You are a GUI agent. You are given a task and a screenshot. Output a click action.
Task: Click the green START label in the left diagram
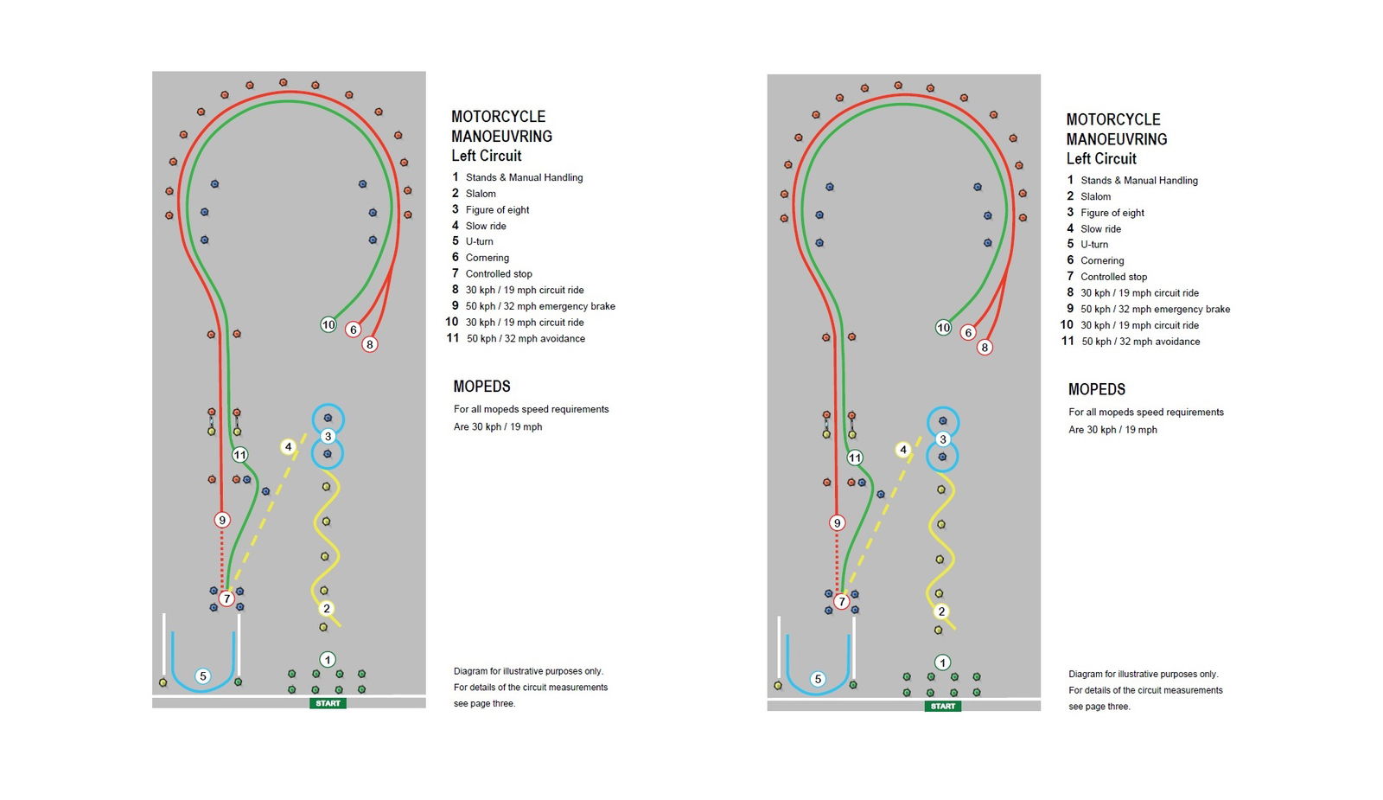[x=328, y=703]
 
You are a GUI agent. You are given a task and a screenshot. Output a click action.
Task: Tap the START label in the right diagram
[x=943, y=706]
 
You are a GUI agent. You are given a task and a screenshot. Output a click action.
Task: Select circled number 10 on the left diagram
[x=328, y=324]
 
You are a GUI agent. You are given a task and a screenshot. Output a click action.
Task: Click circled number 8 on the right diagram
[x=985, y=348]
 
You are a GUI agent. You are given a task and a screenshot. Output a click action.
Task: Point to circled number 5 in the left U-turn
[x=203, y=676]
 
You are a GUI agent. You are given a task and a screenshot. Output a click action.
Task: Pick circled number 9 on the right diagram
[x=837, y=522]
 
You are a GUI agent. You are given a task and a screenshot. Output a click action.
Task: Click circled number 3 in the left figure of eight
[x=328, y=437]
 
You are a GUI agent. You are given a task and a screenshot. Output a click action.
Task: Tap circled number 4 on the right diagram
[x=903, y=450]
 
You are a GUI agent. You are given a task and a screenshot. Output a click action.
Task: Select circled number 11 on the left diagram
[x=239, y=455]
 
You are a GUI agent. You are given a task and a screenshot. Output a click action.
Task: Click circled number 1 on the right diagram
[x=942, y=662]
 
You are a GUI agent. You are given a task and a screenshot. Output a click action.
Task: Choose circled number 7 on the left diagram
[x=226, y=598]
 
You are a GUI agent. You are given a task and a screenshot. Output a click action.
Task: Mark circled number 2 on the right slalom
[x=942, y=611]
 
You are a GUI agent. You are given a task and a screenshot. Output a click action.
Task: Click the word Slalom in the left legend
[x=481, y=194]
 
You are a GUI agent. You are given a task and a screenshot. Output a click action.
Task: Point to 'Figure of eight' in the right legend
[x=1112, y=213]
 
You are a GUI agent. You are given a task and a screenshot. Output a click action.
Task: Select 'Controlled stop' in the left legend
[x=499, y=274]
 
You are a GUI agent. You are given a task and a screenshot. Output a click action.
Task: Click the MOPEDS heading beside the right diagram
[x=1097, y=389]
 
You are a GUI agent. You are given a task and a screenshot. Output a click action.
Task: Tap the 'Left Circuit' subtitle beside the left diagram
[x=487, y=156]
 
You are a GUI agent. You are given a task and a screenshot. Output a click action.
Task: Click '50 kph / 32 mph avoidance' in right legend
[x=1140, y=342]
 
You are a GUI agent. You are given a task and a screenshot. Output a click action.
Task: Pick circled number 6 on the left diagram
[x=353, y=330]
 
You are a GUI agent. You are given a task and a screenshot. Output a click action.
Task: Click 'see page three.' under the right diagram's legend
[x=1099, y=707]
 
